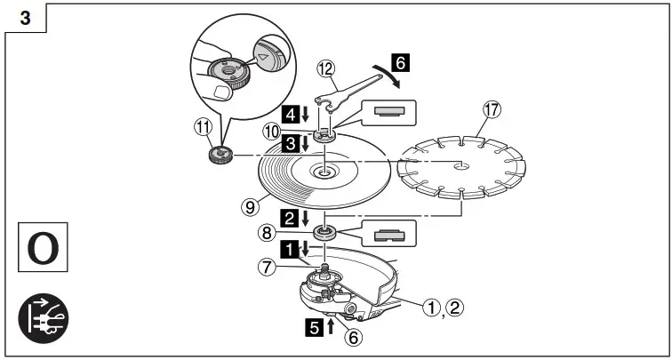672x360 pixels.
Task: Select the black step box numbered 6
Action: coord(401,65)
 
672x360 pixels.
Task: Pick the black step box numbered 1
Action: coord(290,248)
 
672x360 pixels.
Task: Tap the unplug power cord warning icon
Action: coord(41,316)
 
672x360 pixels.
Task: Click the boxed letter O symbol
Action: coord(41,248)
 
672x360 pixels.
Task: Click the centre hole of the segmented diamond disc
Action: coord(460,164)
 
